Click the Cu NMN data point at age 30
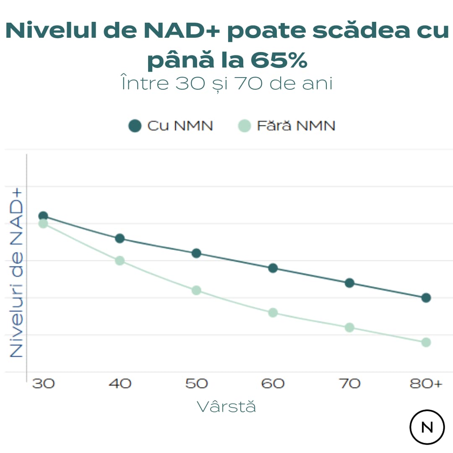(43, 216)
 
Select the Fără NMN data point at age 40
(120, 260)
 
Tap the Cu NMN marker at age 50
(196, 253)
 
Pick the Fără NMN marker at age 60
(273, 312)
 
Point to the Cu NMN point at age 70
(349, 283)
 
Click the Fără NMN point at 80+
(426, 342)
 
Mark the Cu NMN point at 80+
(426, 298)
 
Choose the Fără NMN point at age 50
(196, 290)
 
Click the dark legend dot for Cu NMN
(135, 126)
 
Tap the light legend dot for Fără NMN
(244, 126)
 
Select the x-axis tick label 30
(43, 383)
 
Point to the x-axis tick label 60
(273, 383)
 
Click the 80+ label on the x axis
(426, 383)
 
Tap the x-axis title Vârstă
(226, 406)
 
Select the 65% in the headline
(279, 60)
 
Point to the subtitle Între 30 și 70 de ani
(226, 83)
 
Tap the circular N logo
(427, 427)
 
